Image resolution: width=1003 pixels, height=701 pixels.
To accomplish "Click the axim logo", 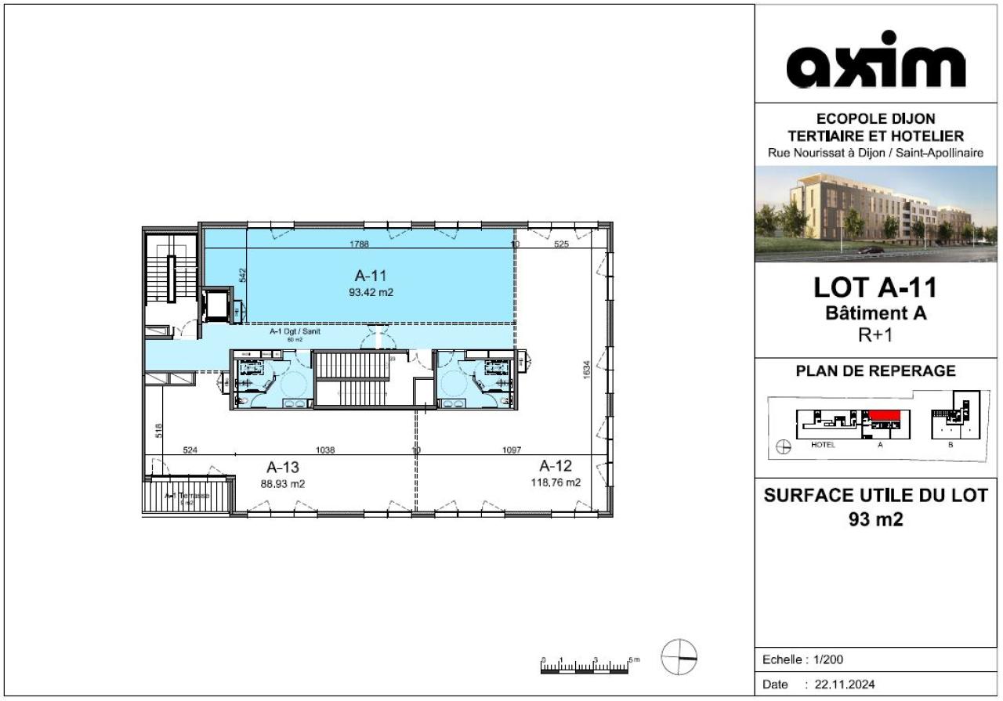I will [x=875, y=60].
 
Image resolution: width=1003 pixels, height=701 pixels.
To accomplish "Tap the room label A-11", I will [x=371, y=276].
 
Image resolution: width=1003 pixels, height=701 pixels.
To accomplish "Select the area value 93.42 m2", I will [x=371, y=293].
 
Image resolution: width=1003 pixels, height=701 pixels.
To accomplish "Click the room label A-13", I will [x=282, y=468].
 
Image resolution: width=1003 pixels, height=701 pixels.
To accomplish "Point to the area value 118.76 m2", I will [x=556, y=482].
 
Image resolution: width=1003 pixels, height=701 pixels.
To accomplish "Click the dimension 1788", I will [x=360, y=244].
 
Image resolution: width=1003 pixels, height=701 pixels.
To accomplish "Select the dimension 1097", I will [x=511, y=450].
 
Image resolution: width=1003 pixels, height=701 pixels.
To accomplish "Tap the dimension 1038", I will [x=325, y=450].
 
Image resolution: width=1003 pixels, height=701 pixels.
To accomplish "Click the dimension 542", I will [x=243, y=275].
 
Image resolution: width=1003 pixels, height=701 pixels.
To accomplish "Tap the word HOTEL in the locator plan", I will [x=824, y=445].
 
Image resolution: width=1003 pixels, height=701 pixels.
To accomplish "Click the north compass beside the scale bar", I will [x=679, y=657].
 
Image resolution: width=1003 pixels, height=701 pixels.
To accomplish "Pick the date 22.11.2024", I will [x=845, y=685].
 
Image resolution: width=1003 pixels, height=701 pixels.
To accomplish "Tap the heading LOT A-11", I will [x=875, y=287].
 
